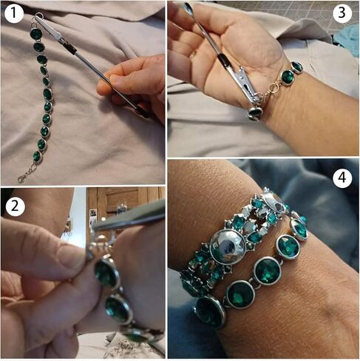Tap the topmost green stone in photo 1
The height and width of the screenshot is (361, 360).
coord(35,34)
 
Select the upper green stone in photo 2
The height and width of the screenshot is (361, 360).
coord(106,274)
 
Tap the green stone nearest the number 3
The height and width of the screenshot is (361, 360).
coord(296,67)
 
